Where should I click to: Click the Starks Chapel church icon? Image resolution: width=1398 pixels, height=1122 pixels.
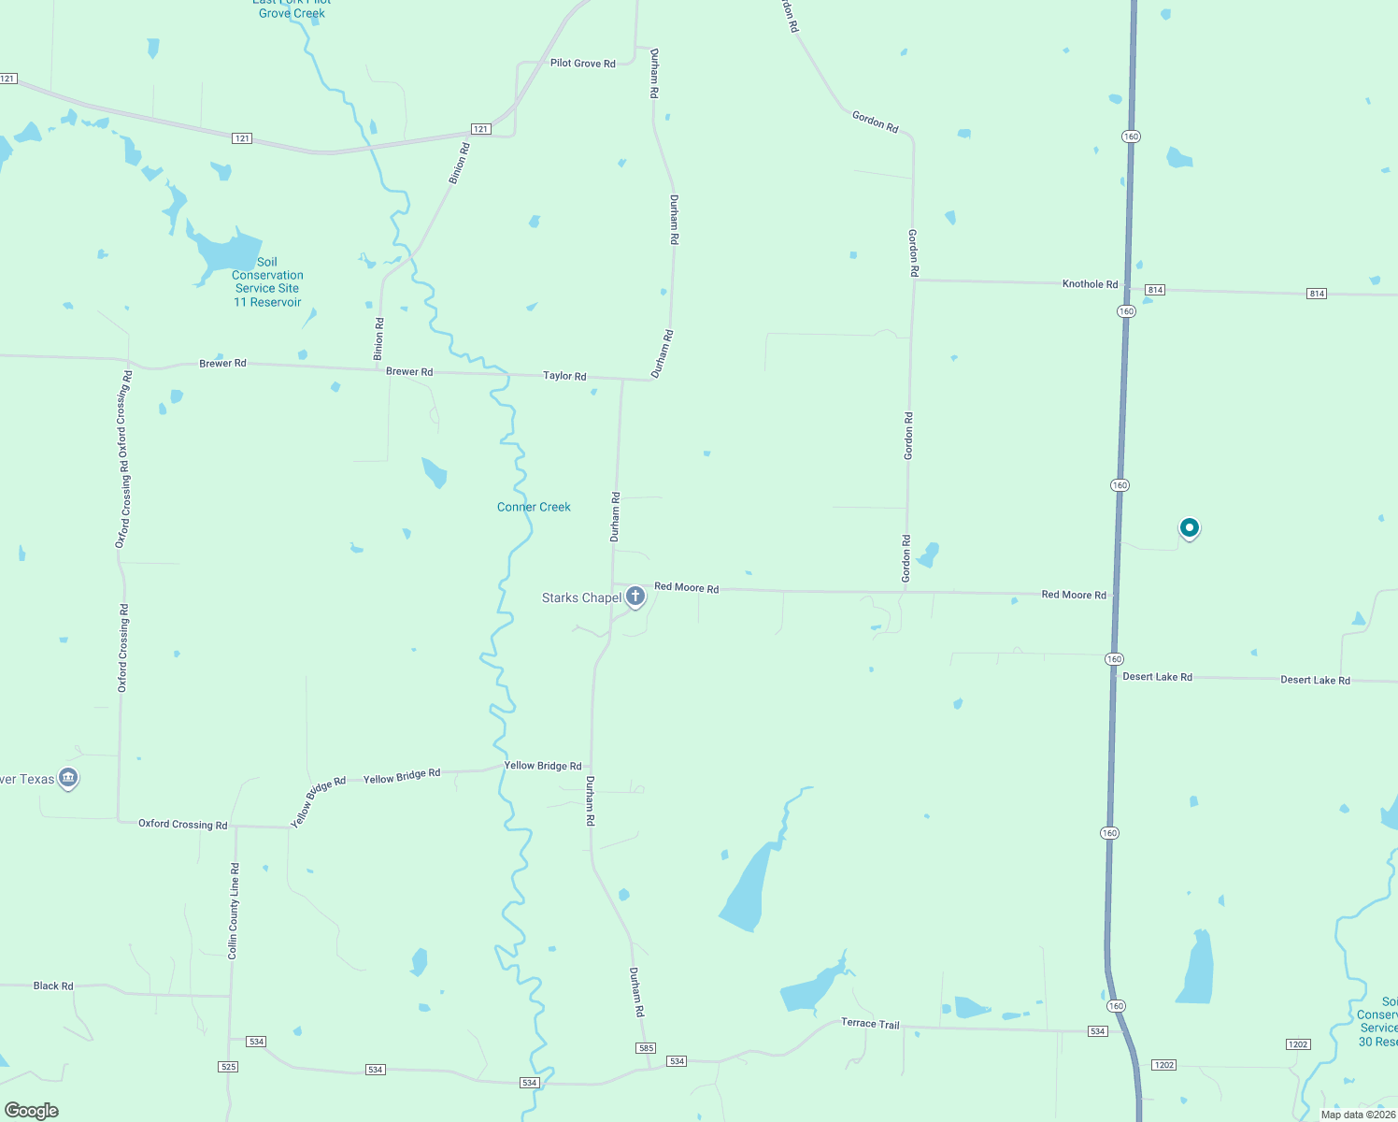(635, 597)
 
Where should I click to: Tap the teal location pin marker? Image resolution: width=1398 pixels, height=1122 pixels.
(1189, 528)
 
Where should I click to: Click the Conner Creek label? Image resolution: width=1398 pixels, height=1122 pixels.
(534, 507)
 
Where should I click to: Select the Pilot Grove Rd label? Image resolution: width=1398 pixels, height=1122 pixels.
(582, 64)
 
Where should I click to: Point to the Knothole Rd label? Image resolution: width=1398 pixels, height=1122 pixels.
(1090, 283)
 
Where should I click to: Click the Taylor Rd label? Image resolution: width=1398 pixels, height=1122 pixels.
(564, 376)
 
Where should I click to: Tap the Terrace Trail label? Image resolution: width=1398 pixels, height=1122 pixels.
(870, 1023)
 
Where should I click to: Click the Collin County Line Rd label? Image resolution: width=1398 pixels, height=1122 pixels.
(234, 911)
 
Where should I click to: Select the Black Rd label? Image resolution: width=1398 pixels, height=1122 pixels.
(53, 985)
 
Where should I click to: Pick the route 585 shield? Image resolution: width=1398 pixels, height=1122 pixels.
(646, 1048)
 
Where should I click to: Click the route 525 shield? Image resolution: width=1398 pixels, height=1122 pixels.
(228, 1066)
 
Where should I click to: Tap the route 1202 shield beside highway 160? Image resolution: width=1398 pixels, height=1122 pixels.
(1163, 1065)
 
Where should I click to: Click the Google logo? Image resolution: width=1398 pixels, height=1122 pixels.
(32, 1110)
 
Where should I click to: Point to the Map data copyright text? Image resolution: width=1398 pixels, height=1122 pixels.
(1358, 1115)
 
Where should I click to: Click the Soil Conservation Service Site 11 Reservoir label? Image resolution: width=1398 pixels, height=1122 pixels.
(267, 282)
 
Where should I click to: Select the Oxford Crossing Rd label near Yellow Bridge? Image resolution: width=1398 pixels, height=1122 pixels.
(183, 825)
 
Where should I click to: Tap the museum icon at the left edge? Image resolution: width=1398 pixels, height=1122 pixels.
(67, 777)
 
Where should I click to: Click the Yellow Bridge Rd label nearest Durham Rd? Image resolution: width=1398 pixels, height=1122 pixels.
(542, 766)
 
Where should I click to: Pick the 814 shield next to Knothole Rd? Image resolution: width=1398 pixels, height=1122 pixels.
(1155, 290)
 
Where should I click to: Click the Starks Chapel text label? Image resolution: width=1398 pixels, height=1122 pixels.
(581, 597)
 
